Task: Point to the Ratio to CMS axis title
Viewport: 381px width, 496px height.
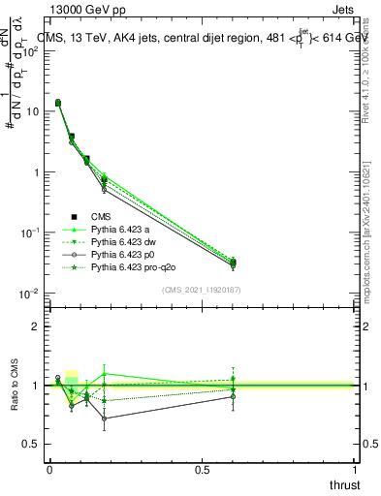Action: tap(16, 385)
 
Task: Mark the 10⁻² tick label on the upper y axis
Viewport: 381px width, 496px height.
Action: tap(30, 294)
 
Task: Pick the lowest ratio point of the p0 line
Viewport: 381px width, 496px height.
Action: tap(104, 418)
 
